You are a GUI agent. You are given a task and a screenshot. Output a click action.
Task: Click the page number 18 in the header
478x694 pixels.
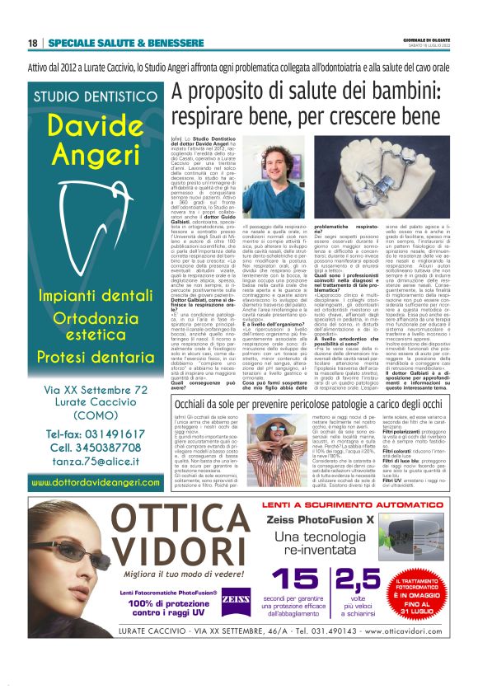[x=33, y=43]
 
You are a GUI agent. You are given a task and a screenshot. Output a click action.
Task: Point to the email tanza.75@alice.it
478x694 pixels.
[x=96, y=463]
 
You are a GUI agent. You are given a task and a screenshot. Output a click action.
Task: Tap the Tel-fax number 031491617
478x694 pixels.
[x=97, y=434]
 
